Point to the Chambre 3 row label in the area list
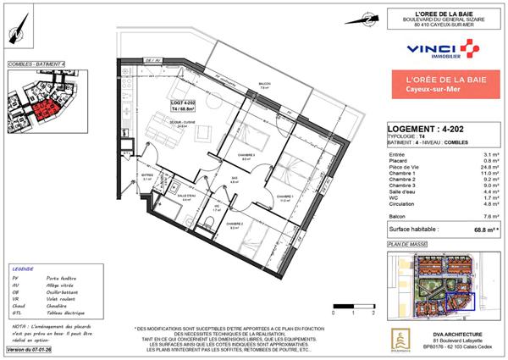[401, 188]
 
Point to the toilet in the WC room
[207, 223]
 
